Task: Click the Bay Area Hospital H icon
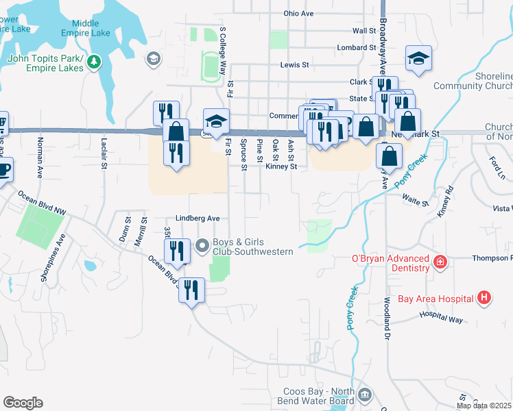[x=485, y=298]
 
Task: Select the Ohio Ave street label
[x=298, y=14]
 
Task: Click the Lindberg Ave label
[x=198, y=218]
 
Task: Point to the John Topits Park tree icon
[x=93, y=63]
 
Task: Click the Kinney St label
[x=281, y=166]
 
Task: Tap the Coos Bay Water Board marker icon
[x=365, y=395]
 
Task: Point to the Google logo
[x=23, y=403]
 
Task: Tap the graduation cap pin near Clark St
[x=418, y=59]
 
